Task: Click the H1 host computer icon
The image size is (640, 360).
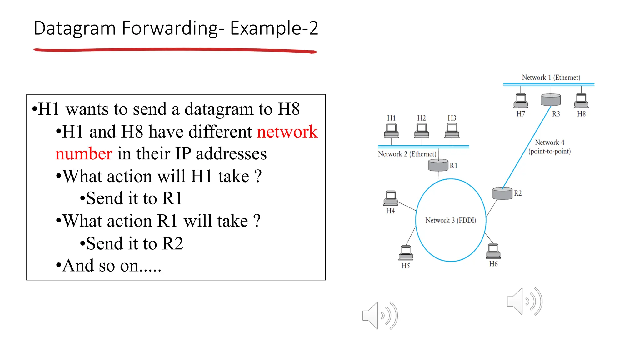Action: coord(391,130)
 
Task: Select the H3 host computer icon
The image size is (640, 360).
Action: coord(452,130)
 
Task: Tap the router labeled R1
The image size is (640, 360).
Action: coord(438,165)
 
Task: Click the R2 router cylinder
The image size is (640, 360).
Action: coord(502,193)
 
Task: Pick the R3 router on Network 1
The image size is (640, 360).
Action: coord(551,100)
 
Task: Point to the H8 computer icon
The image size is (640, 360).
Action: coord(581,101)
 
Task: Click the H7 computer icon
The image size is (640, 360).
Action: coord(521,101)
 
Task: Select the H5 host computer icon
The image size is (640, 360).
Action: coord(406,253)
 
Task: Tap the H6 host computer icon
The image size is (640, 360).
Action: coord(493,251)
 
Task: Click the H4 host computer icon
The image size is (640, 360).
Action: coord(390,198)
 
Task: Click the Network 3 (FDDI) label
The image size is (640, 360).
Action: coord(451,220)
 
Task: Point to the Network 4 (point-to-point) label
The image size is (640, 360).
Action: coord(549,147)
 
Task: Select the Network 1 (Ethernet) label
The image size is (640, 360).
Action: coord(551,77)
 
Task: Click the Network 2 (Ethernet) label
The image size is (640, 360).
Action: coord(407,154)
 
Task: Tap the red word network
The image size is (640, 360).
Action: coord(287,132)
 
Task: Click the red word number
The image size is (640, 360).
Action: coord(84,154)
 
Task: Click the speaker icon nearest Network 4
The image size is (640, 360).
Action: coord(524,301)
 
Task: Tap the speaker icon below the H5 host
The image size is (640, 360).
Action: coord(380,316)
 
